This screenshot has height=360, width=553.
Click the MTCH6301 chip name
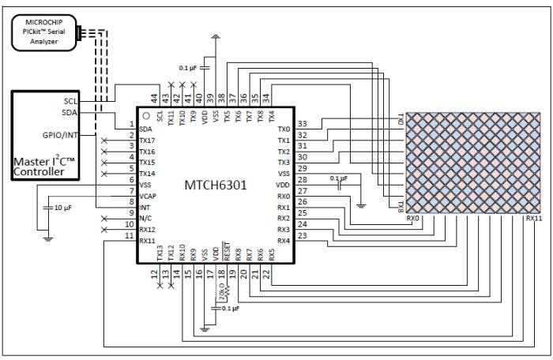coord(215,186)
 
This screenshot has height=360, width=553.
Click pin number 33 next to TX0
coord(303,124)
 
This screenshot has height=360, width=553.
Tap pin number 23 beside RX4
coord(303,235)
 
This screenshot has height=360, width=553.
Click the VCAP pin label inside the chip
coord(148,195)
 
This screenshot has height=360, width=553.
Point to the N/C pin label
coord(146,217)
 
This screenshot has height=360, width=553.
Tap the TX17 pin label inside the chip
coord(148,140)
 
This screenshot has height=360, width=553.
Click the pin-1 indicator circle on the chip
coord(146,116)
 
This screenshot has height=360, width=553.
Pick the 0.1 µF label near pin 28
coord(338,178)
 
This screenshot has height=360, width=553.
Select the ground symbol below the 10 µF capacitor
coord(47,235)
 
